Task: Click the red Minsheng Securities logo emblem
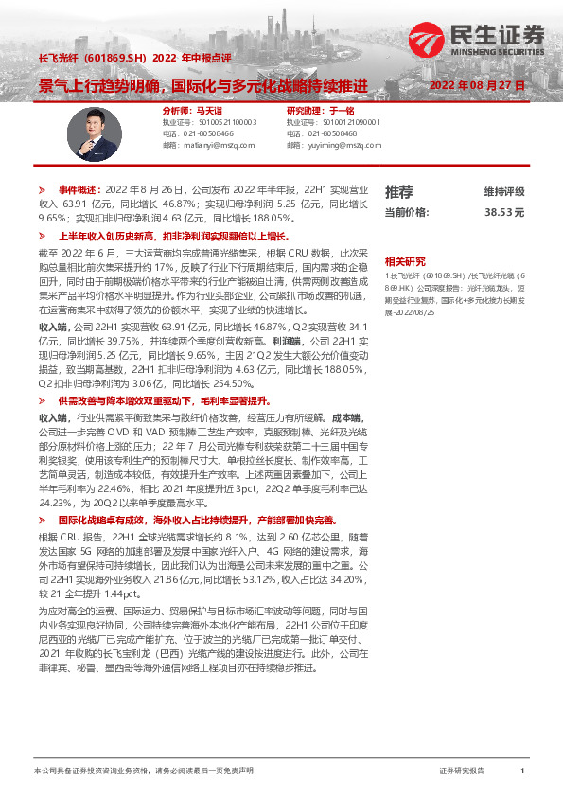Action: pyautogui.click(x=427, y=39)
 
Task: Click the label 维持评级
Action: pyautogui.click(x=504, y=191)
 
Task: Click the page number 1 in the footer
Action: pyautogui.click(x=522, y=772)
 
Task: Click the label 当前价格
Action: pyautogui.click(x=406, y=214)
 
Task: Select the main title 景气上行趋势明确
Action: pyautogui.click(x=103, y=86)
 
